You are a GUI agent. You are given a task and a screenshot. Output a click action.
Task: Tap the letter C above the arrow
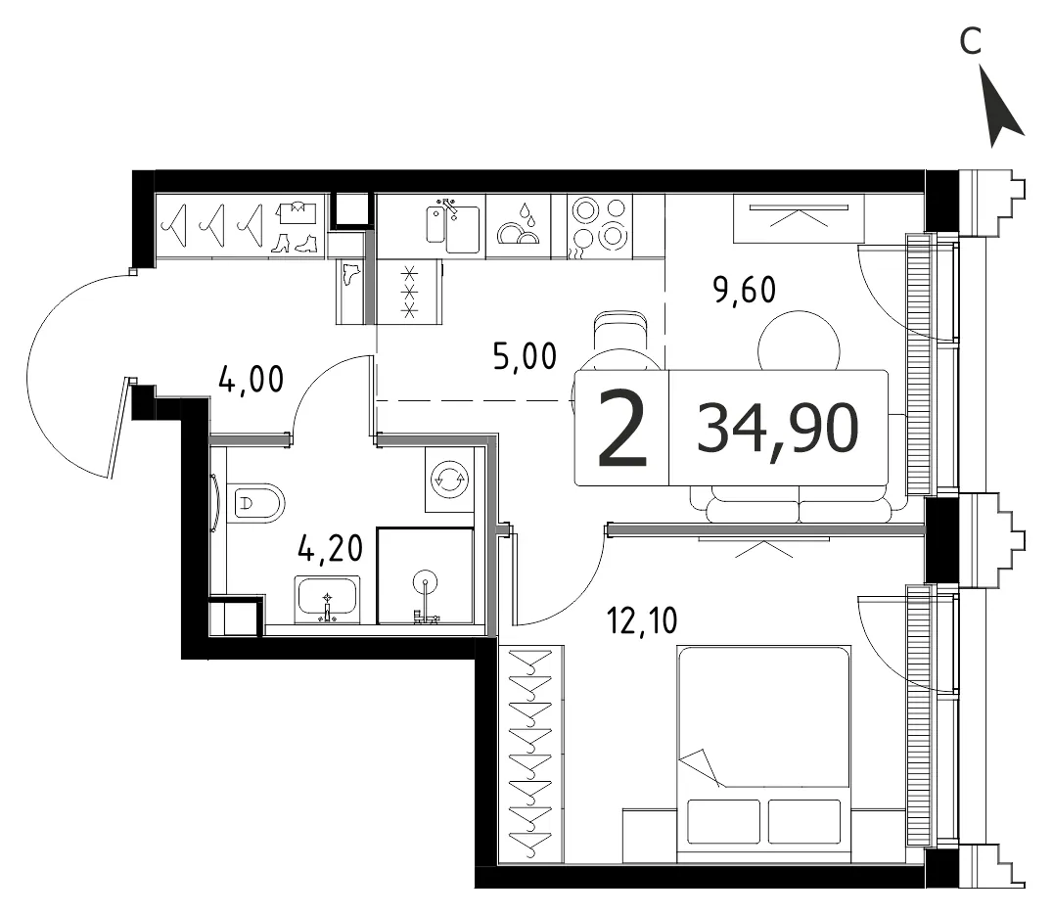click(971, 41)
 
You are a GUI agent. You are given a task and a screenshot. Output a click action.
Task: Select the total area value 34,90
click(778, 429)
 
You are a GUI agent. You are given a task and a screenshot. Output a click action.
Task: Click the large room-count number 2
click(621, 429)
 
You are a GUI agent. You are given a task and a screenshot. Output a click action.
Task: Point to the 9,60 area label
click(744, 291)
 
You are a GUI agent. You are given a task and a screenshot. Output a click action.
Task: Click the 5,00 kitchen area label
click(525, 356)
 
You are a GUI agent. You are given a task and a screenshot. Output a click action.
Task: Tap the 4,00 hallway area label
click(252, 380)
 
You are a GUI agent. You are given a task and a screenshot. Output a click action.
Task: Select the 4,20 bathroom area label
click(330, 548)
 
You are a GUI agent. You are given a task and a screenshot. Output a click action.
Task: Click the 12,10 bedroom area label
click(642, 620)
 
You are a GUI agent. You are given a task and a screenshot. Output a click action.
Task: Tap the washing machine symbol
click(449, 479)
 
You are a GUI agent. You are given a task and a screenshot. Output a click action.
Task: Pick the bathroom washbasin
click(327, 599)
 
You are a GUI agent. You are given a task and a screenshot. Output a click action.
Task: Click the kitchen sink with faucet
click(453, 225)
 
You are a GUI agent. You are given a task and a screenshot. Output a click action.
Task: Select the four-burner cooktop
click(599, 226)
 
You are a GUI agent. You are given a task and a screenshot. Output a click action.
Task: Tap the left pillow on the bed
click(724, 821)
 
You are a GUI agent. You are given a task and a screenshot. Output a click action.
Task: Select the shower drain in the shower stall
click(425, 581)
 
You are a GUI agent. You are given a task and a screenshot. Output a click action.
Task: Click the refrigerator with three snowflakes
click(409, 292)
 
